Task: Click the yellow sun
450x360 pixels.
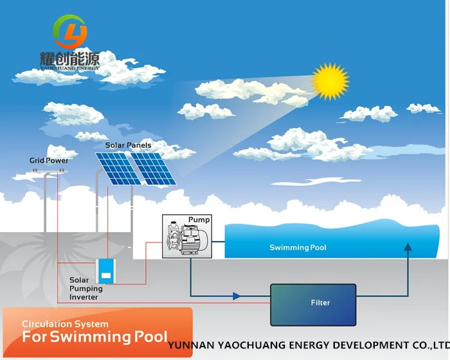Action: pyautogui.click(x=330, y=82)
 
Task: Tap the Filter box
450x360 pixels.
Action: pyautogui.click(x=313, y=303)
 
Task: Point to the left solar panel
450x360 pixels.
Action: pyautogui.click(x=116, y=168)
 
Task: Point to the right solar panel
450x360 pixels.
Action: pyautogui.click(x=151, y=168)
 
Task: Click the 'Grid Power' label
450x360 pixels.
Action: pyautogui.click(x=49, y=160)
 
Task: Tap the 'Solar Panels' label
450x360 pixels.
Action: pyautogui.click(x=129, y=145)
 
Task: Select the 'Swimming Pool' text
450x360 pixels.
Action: pyautogui.click(x=298, y=248)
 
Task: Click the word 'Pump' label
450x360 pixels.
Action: pyautogui.click(x=199, y=220)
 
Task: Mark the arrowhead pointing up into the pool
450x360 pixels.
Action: pyautogui.click(x=407, y=247)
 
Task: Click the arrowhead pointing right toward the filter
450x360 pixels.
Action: pyautogui.click(x=237, y=296)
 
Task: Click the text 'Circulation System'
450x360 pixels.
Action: pyautogui.click(x=65, y=323)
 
